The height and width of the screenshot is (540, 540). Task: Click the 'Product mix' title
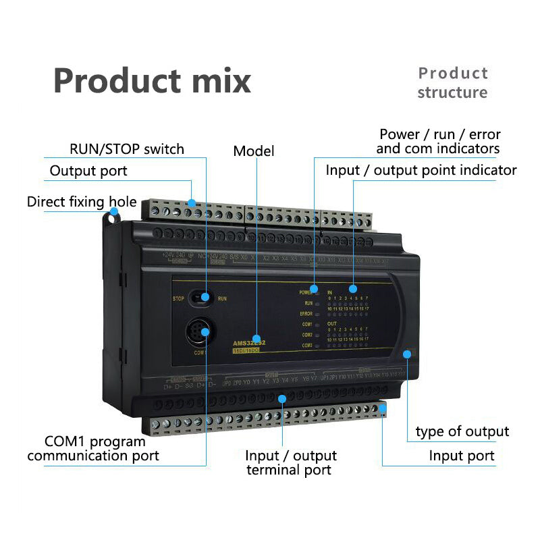pyautogui.click(x=152, y=81)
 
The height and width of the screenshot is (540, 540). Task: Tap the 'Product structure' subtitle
pyautogui.click(x=452, y=82)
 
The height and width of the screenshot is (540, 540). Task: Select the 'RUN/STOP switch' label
pyautogui.click(x=127, y=149)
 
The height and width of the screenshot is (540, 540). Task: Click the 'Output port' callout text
pyautogui.click(x=88, y=171)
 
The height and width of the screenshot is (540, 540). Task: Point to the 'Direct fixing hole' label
pyautogui.click(x=82, y=202)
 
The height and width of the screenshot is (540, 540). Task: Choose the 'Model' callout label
pyautogui.click(x=254, y=151)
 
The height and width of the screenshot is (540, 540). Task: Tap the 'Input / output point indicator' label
pyautogui.click(x=421, y=170)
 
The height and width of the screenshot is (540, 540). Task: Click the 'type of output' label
pyautogui.click(x=462, y=431)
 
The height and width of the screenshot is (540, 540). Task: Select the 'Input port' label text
pyautogui.click(x=462, y=456)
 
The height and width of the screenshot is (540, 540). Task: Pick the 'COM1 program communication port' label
pyautogui.click(x=93, y=449)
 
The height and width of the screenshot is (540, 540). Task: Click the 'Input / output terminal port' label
pyautogui.click(x=291, y=463)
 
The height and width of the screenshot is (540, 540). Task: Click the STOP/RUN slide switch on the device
pyautogui.click(x=202, y=297)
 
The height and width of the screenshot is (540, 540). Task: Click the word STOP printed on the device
pyautogui.click(x=178, y=298)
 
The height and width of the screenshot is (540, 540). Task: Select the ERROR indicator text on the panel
pyautogui.click(x=306, y=314)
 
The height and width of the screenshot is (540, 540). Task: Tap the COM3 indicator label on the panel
pyautogui.click(x=306, y=346)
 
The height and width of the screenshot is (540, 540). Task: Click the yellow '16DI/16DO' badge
pyautogui.click(x=248, y=350)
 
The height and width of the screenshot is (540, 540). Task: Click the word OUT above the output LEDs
pyautogui.click(x=331, y=324)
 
